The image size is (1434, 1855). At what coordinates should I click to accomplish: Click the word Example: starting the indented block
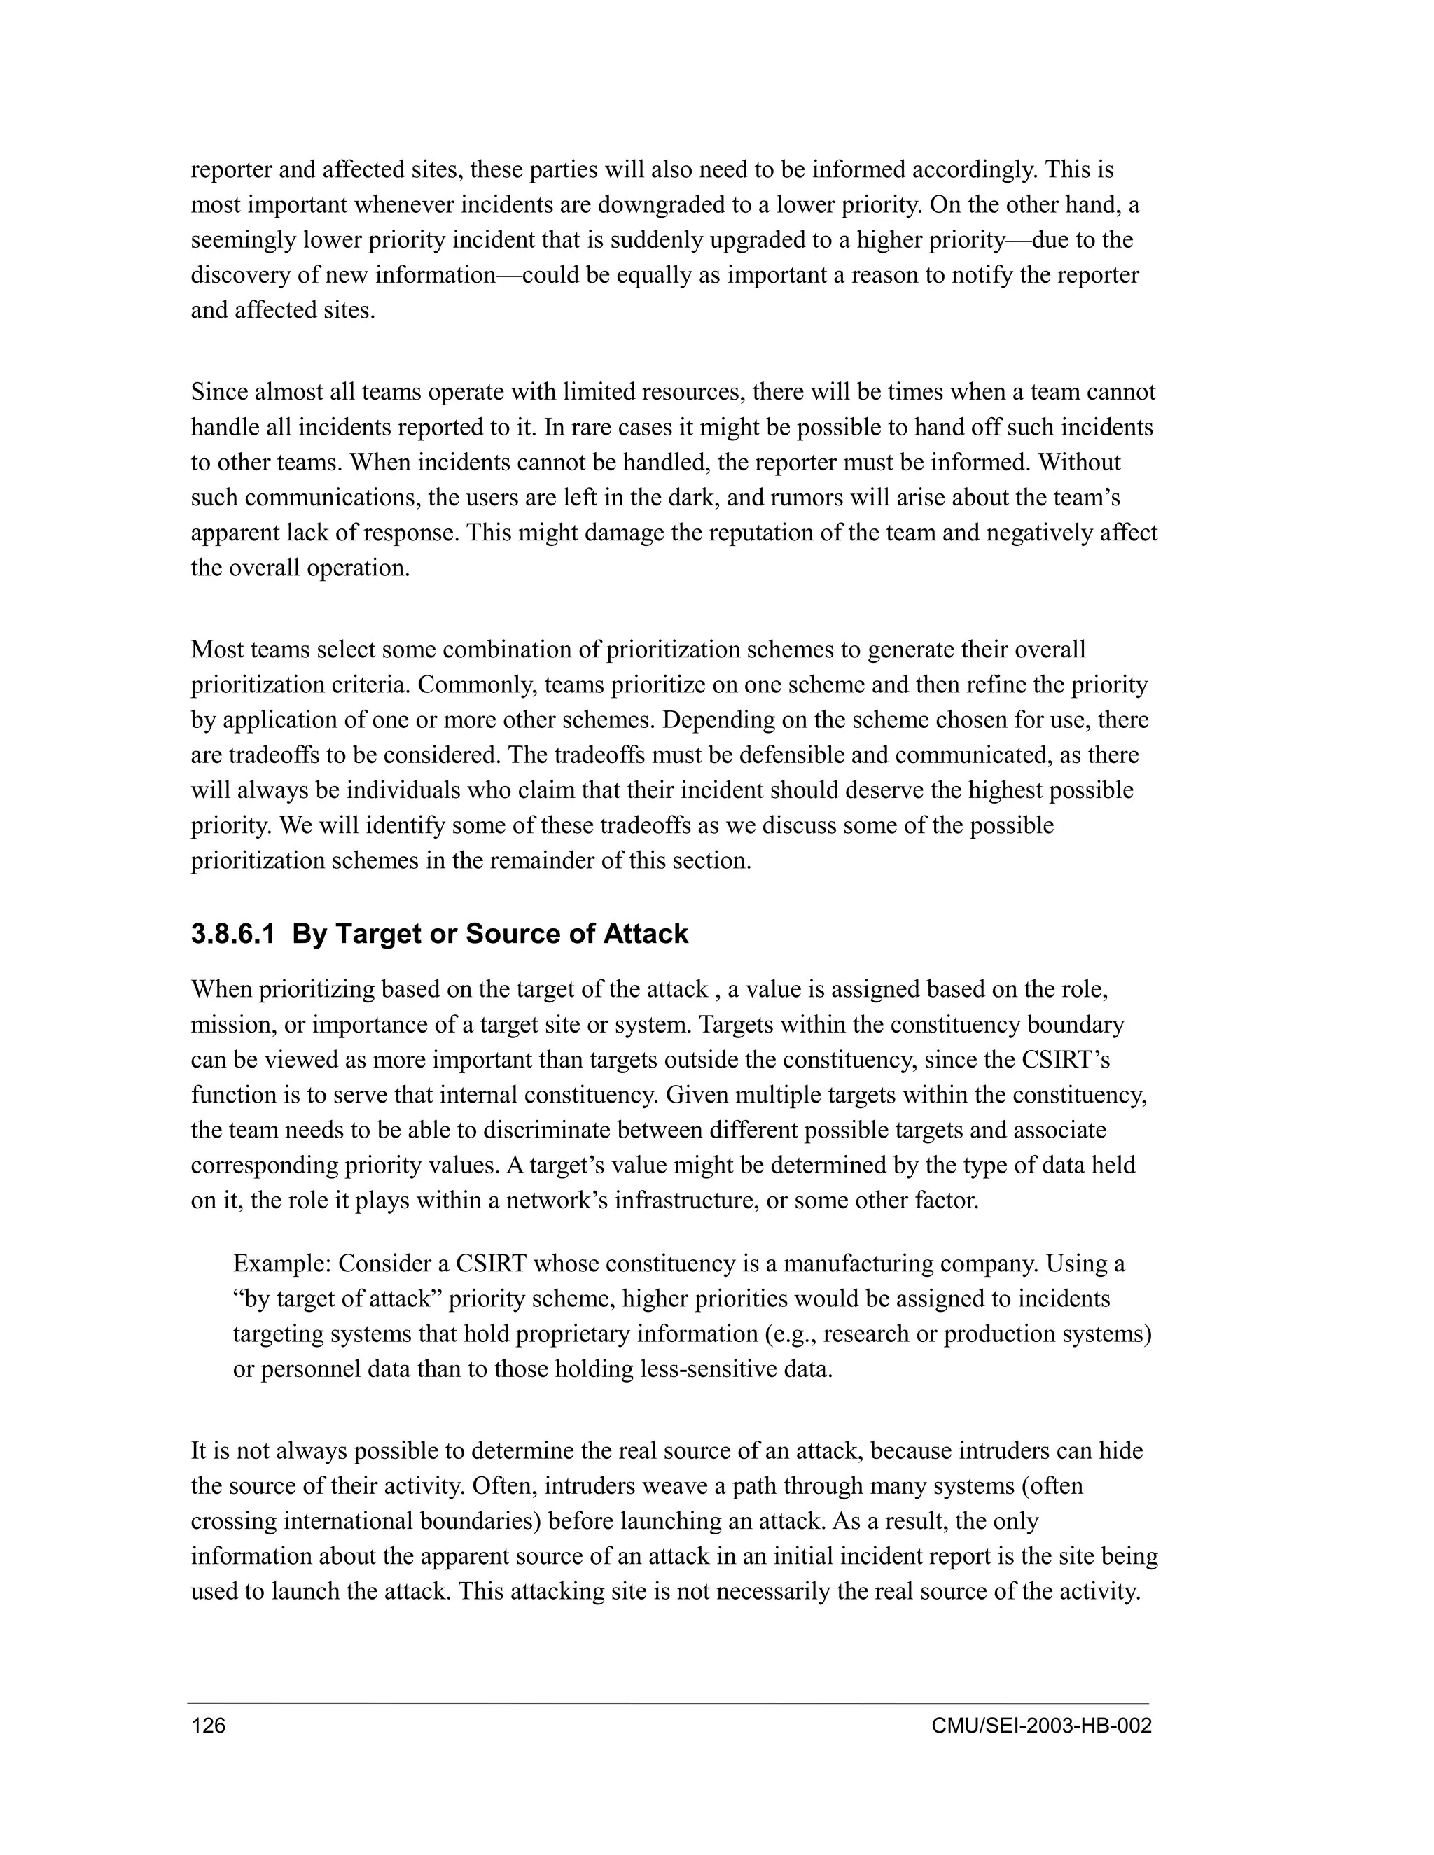pos(281,1263)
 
